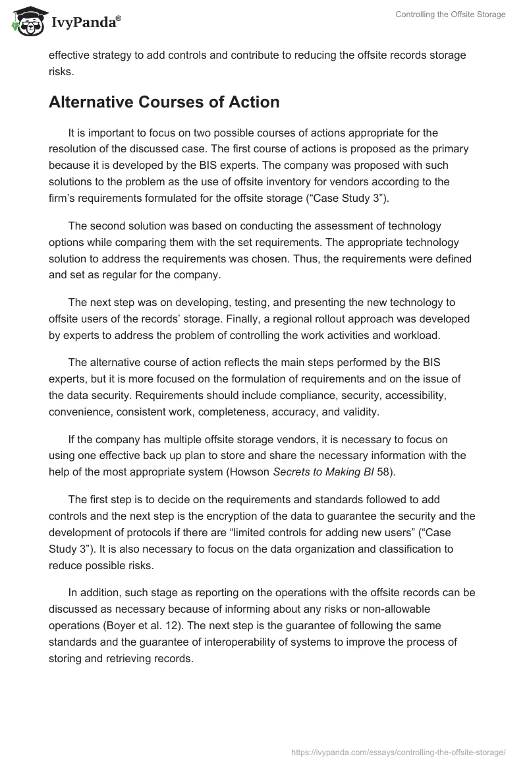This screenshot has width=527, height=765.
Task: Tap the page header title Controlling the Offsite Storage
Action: (451, 15)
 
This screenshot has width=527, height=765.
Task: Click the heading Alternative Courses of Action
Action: (164, 102)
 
